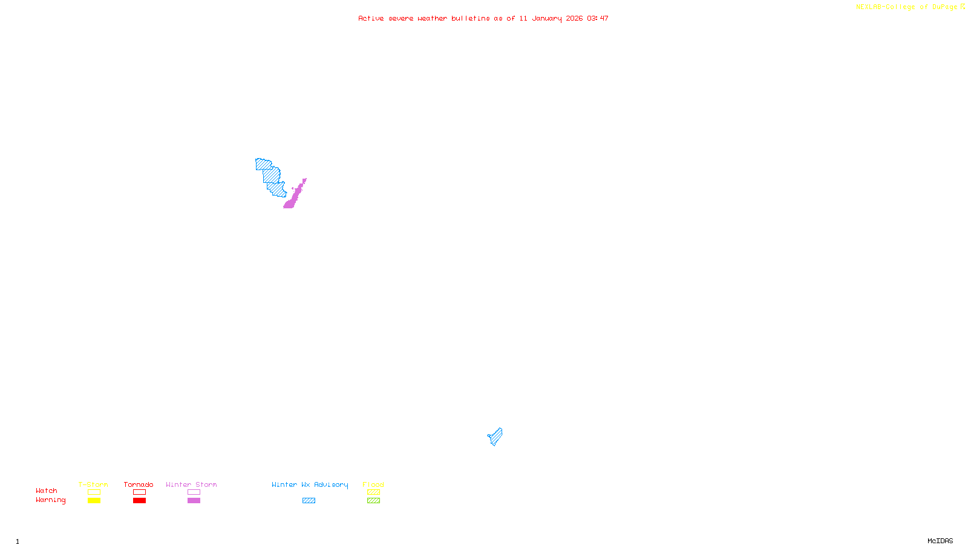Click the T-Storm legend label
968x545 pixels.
click(93, 484)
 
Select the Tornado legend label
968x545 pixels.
click(139, 484)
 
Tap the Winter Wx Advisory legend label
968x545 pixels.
click(310, 484)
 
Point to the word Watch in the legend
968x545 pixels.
click(47, 490)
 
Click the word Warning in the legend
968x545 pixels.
click(50, 500)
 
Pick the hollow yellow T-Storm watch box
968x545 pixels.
click(94, 492)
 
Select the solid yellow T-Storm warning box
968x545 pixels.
click(94, 501)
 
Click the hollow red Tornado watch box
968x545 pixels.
click(139, 492)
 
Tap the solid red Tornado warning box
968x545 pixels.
click(139, 501)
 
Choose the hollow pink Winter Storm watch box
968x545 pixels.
click(194, 492)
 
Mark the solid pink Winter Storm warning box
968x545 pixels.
click(194, 501)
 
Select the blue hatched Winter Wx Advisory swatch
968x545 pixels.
click(309, 501)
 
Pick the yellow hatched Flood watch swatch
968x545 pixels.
click(373, 492)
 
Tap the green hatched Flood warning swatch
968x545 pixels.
click(373, 501)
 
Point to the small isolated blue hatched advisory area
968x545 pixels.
click(495, 437)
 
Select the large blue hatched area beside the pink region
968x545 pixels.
click(271, 176)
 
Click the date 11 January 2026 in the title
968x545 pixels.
click(551, 18)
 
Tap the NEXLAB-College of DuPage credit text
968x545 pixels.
click(906, 7)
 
